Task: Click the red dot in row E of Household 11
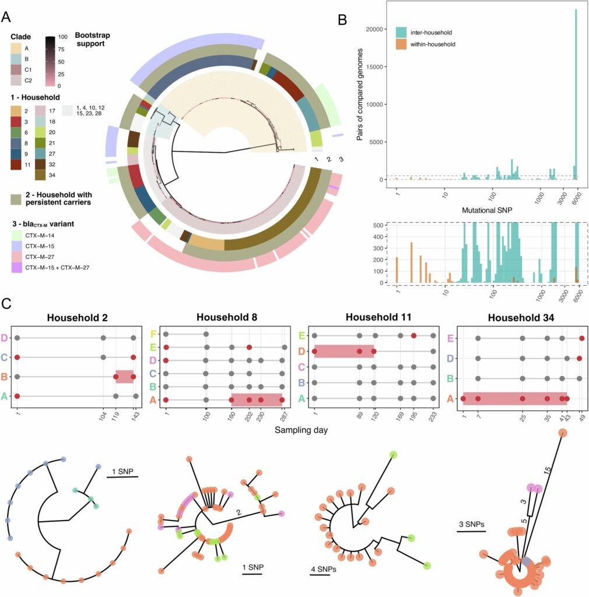pyautogui.click(x=413, y=336)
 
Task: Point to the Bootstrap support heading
pyautogui.click(x=93, y=40)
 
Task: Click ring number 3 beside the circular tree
pyautogui.click(x=341, y=159)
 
